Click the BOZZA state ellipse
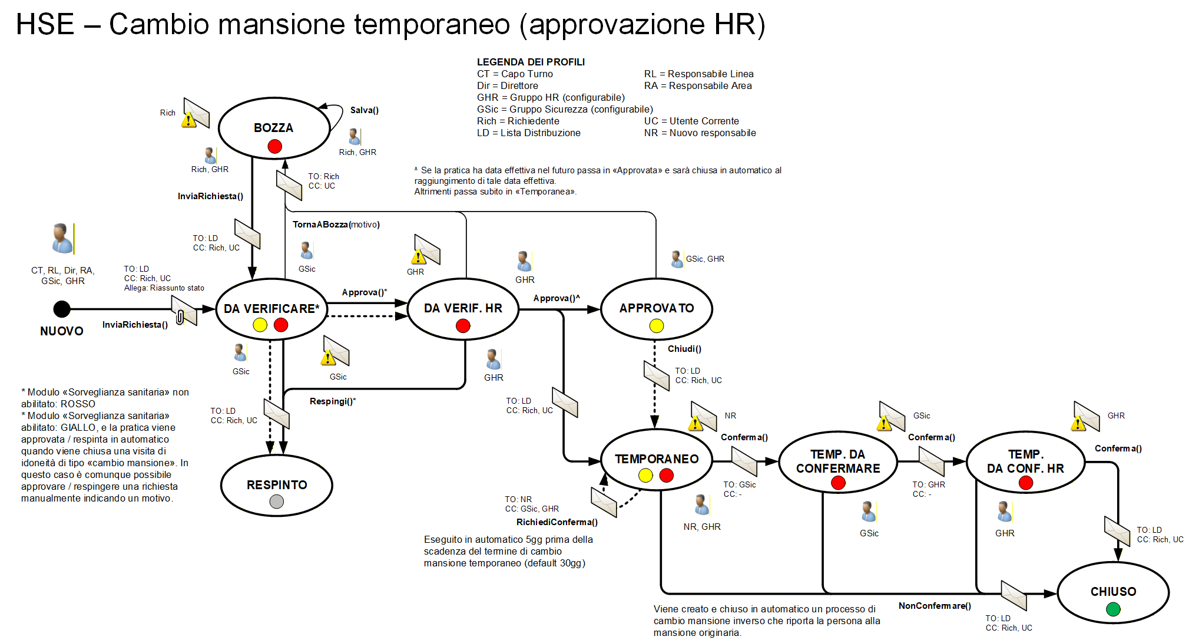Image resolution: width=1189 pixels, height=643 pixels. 274,128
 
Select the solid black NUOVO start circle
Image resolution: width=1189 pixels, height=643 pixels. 62,309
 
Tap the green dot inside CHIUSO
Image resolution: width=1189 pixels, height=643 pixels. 1112,609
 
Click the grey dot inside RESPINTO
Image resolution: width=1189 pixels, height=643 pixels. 276,502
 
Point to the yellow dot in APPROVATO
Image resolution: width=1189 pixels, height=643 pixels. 656,326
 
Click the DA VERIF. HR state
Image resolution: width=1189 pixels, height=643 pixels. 463,309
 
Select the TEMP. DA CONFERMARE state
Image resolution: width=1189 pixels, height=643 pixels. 837,462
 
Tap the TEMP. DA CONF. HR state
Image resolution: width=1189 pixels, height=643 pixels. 1025,462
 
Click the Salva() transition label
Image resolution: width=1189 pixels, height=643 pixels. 364,110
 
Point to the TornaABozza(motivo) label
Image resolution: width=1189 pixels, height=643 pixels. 336,225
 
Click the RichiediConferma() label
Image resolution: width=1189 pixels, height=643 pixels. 557,522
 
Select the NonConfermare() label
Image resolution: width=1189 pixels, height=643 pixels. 935,606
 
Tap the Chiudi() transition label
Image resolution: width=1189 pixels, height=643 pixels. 684,349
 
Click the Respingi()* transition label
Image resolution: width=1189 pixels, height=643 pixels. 333,401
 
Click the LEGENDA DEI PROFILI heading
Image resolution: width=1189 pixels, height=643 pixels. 531,62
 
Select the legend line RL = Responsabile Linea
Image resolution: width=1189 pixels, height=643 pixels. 698,74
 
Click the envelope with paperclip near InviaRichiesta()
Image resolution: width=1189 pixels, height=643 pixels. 184,311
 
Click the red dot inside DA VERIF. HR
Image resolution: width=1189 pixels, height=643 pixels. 463,326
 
